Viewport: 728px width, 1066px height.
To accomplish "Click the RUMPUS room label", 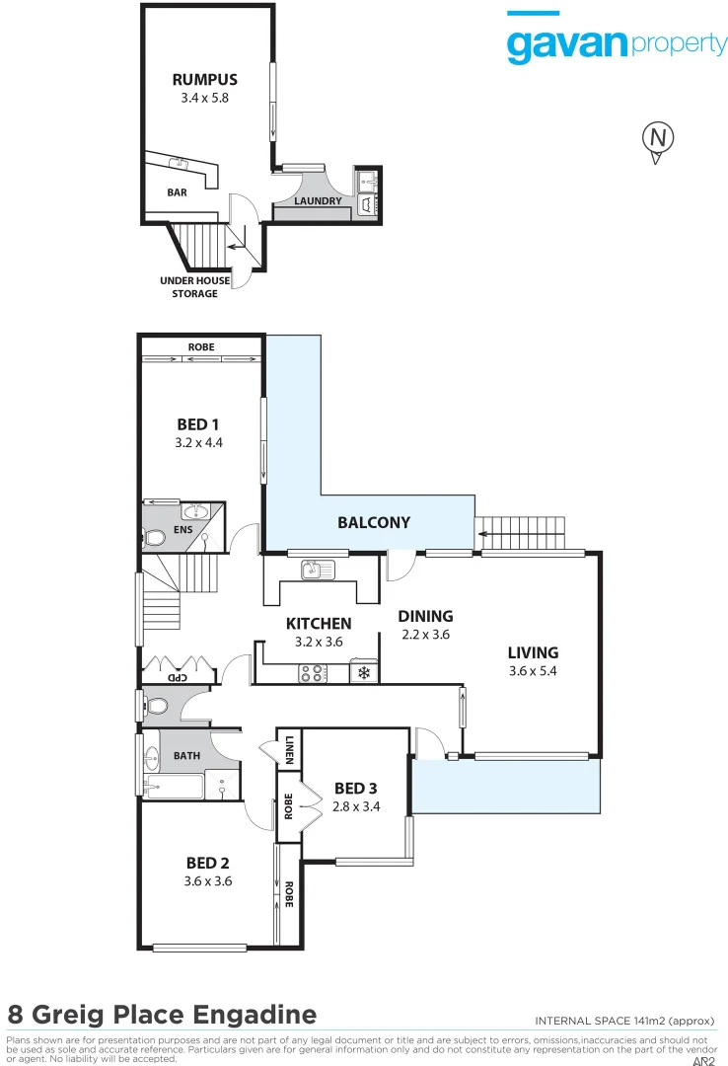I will tap(204, 80).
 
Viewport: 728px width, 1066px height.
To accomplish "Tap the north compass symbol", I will tap(656, 138).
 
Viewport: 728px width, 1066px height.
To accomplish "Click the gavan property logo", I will tap(617, 41).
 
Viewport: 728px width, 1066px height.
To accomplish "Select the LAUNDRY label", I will tap(318, 201).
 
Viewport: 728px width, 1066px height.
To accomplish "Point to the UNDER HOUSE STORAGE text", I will tap(195, 287).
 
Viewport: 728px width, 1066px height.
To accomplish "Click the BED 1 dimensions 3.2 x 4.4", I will tap(198, 443).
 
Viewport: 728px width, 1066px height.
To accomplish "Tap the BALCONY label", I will tap(374, 522).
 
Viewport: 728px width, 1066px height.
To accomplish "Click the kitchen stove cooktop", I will tap(313, 673).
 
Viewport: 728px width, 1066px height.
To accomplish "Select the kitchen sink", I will tap(319, 570).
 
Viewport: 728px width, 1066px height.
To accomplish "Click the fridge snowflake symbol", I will tap(363, 673).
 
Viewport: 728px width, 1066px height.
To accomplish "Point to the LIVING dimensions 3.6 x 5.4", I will tap(533, 671).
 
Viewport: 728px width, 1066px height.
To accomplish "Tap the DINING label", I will tap(425, 616).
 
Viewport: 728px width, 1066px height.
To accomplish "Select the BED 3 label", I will tap(355, 788).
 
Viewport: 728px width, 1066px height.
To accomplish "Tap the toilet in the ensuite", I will tap(154, 538).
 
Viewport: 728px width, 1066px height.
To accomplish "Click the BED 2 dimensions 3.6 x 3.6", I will tap(207, 881).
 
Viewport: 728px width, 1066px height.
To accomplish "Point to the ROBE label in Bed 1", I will tap(201, 347).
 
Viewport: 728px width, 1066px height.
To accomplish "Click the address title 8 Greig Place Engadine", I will tap(162, 1014).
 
